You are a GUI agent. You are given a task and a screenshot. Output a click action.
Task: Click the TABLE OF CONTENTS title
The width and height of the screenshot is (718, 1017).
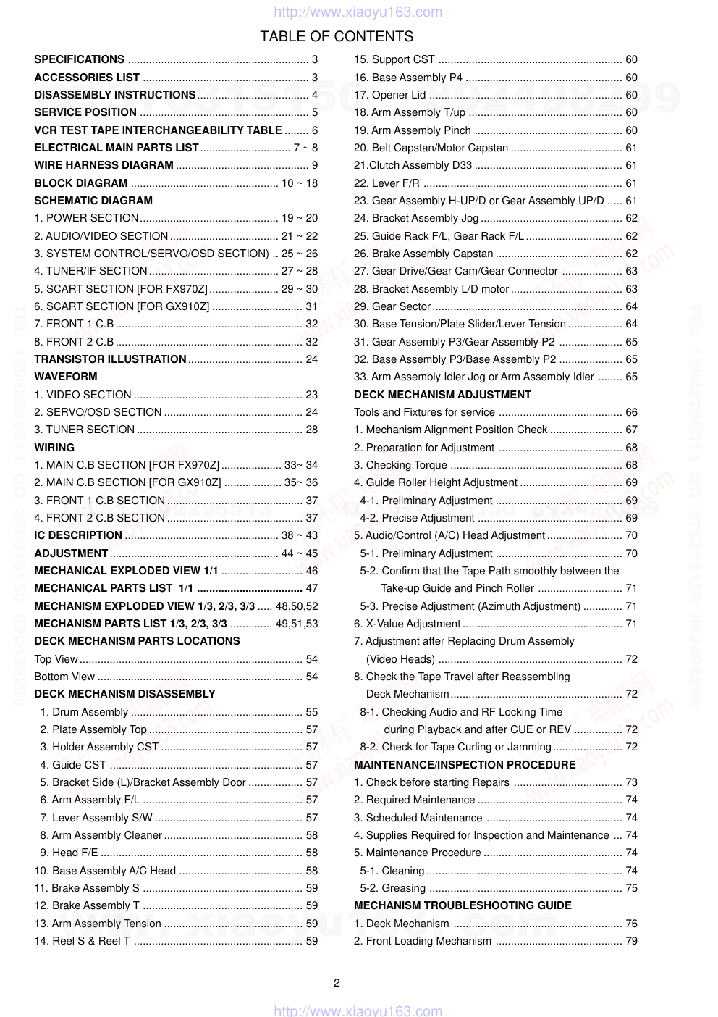337,36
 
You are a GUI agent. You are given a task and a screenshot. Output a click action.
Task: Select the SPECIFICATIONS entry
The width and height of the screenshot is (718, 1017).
79,59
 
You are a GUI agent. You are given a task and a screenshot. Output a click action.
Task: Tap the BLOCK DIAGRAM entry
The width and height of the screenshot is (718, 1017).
81,183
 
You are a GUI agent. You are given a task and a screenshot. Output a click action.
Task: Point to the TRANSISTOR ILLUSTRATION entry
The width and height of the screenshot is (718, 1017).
110,359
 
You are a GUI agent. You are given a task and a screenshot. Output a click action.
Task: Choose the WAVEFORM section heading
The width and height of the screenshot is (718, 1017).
66,377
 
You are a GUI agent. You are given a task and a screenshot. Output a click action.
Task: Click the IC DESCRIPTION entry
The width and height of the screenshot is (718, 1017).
78,535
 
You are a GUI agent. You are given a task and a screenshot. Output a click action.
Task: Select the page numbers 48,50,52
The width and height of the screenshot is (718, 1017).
297,606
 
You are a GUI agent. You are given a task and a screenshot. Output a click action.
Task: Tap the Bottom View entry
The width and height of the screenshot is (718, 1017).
64,677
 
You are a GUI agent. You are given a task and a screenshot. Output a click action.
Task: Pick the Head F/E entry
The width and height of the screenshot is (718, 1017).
75,853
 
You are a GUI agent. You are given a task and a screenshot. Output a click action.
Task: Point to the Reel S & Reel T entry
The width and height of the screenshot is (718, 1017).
90,941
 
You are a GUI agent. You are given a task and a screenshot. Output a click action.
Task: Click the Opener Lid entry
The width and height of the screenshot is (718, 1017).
399,95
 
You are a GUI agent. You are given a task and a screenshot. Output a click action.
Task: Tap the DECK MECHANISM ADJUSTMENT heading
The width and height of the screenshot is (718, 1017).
442,395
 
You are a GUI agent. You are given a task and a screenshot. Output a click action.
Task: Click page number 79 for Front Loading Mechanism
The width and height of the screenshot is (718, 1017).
631,941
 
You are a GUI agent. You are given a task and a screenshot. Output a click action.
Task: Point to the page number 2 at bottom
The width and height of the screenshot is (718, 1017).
337,983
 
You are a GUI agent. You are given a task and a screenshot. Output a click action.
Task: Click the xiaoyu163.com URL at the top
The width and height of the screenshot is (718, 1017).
358,12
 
